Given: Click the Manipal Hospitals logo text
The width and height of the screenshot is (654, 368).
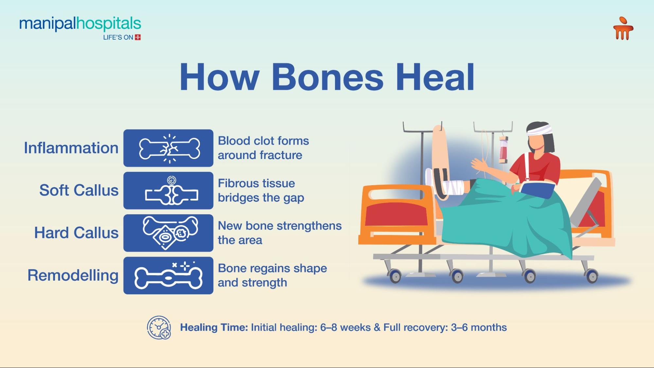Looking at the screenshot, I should click(x=80, y=24).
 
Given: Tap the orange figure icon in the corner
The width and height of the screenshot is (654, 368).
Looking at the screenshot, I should click(x=623, y=29).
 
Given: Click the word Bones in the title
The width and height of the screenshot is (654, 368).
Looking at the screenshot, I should click(x=327, y=78).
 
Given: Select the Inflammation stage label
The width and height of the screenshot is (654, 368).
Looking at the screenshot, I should click(x=71, y=148).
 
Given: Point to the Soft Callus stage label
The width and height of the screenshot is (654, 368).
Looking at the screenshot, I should click(x=79, y=190).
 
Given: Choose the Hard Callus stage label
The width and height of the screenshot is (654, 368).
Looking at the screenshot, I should click(x=76, y=233).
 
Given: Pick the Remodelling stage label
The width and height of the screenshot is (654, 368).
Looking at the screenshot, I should click(x=73, y=275).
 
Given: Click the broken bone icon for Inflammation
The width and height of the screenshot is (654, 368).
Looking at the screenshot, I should click(x=168, y=148).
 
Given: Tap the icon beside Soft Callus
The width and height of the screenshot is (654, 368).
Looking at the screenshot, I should click(x=168, y=191).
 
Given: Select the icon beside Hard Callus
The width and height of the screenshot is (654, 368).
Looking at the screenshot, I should click(x=168, y=233).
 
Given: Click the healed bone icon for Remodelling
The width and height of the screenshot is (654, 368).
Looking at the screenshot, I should click(x=168, y=275).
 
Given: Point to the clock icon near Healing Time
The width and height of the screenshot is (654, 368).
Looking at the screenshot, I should click(x=159, y=327).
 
